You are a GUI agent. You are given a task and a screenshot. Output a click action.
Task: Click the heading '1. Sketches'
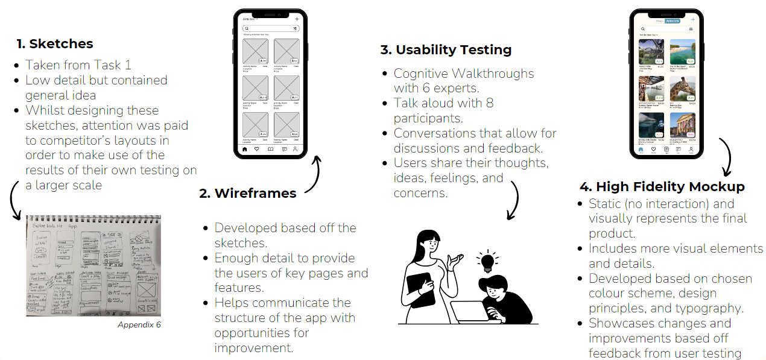pos(55,44)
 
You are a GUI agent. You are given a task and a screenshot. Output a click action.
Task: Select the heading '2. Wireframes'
pos(248,194)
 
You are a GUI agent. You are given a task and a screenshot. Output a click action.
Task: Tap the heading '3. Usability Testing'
pos(446,50)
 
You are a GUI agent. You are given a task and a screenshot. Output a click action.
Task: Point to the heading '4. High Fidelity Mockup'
pos(662,187)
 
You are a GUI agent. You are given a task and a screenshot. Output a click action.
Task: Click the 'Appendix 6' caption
pos(139,325)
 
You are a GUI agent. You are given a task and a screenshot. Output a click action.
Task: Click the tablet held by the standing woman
pos(420,289)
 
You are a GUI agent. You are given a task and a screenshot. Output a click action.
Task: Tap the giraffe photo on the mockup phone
pos(683,88)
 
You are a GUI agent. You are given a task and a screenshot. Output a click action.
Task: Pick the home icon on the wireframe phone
pos(245,149)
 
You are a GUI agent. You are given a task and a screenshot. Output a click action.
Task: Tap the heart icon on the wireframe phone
pos(257,149)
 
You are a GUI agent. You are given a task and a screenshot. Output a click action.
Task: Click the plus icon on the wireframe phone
pos(297,19)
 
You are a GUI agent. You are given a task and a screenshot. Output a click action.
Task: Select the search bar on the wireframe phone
pos(270,28)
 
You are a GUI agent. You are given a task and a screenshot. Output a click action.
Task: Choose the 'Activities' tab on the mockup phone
pos(673,21)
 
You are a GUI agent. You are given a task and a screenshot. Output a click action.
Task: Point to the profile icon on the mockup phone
pos(691,148)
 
